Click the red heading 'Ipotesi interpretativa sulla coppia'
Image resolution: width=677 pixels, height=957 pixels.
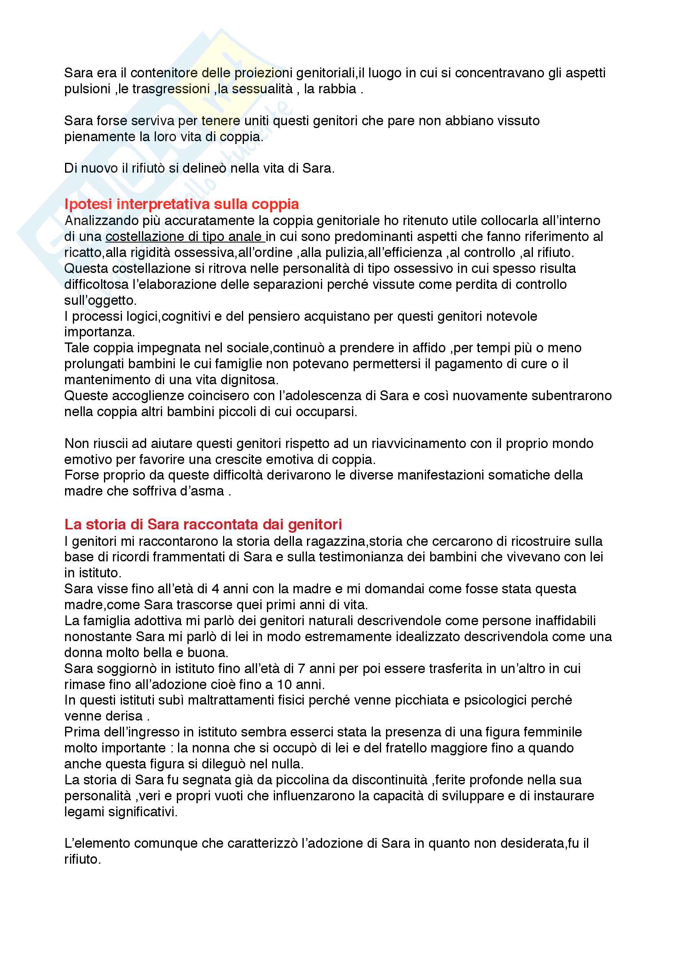pyautogui.click(x=182, y=204)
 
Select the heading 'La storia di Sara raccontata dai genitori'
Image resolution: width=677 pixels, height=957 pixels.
pyautogui.click(x=203, y=524)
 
